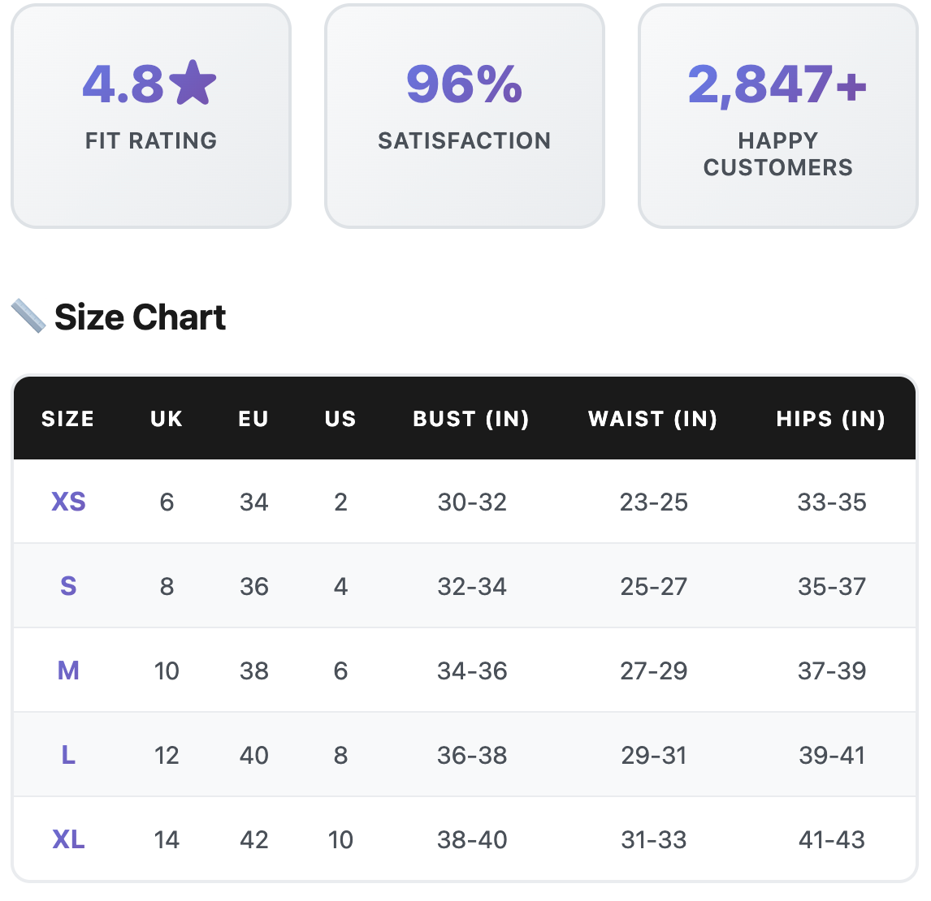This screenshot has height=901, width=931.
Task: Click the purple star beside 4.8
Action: click(x=193, y=83)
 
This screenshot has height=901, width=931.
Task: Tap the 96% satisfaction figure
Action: click(x=464, y=84)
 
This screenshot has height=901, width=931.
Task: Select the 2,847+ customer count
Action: click(x=777, y=84)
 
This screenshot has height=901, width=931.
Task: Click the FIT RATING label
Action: click(x=151, y=140)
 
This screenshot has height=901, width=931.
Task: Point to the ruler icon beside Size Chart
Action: click(x=28, y=316)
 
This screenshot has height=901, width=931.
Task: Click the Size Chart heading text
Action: click(x=140, y=317)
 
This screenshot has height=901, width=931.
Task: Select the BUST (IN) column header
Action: click(x=471, y=419)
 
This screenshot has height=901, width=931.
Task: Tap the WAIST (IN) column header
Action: click(x=653, y=419)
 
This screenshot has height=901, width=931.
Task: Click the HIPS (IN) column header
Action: click(x=831, y=419)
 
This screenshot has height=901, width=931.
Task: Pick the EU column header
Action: click(x=253, y=419)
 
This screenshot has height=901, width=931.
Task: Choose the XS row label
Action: click(x=68, y=502)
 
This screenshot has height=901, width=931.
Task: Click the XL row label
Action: click(x=68, y=839)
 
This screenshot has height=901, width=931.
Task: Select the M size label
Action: click(x=68, y=670)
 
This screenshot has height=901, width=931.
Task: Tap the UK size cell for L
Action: click(x=167, y=756)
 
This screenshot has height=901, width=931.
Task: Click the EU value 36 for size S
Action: click(x=253, y=586)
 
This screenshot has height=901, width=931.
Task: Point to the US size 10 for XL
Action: click(x=340, y=839)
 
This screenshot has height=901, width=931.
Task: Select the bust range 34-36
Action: click(x=472, y=670)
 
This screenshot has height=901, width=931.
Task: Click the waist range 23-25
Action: click(x=654, y=502)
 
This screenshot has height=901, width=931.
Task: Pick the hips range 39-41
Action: click(x=832, y=756)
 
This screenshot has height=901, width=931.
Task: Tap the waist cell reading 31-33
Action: click(x=654, y=839)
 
